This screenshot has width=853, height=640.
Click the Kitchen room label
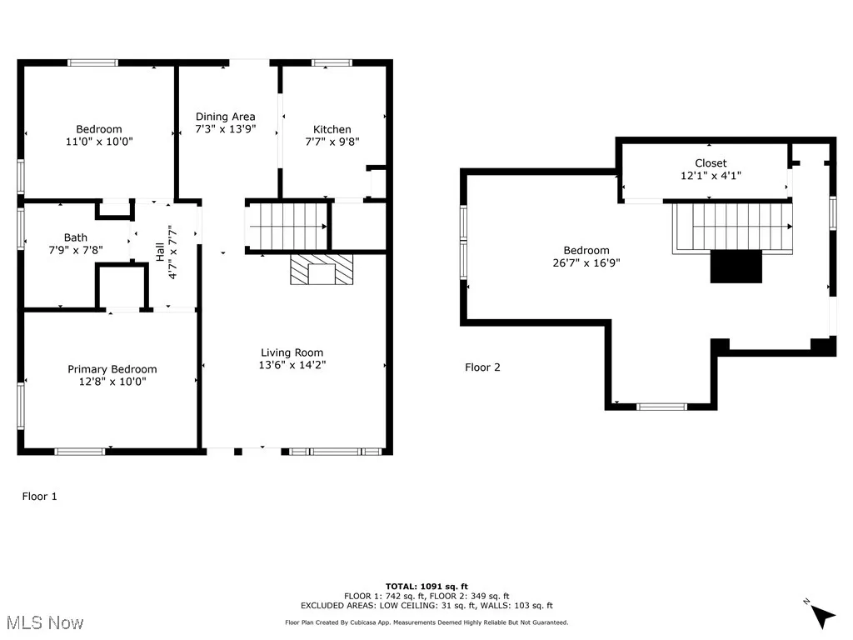[332, 129]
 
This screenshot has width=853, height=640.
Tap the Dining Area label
[225, 117]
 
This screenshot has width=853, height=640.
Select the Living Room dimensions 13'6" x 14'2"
[292, 365]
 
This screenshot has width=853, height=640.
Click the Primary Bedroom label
[112, 369]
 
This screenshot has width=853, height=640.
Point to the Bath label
[75, 237]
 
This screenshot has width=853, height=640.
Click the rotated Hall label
[160, 244]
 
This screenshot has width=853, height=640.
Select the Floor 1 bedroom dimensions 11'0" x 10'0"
[99, 142]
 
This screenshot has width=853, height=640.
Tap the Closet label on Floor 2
[711, 163]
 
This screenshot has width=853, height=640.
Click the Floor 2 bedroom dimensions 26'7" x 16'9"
[586, 262]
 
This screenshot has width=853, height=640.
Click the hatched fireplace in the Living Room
[322, 270]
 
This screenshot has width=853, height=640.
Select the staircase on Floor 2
[733, 227]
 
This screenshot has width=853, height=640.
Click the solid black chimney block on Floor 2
[736, 266]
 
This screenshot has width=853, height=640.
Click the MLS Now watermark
[42, 623]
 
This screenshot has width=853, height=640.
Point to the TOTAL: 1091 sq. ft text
[426, 586]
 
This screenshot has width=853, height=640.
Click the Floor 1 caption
[39, 497]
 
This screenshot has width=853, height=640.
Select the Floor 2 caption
[482, 367]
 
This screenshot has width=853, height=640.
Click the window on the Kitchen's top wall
[332, 62]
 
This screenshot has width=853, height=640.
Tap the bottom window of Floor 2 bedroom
[661, 407]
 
